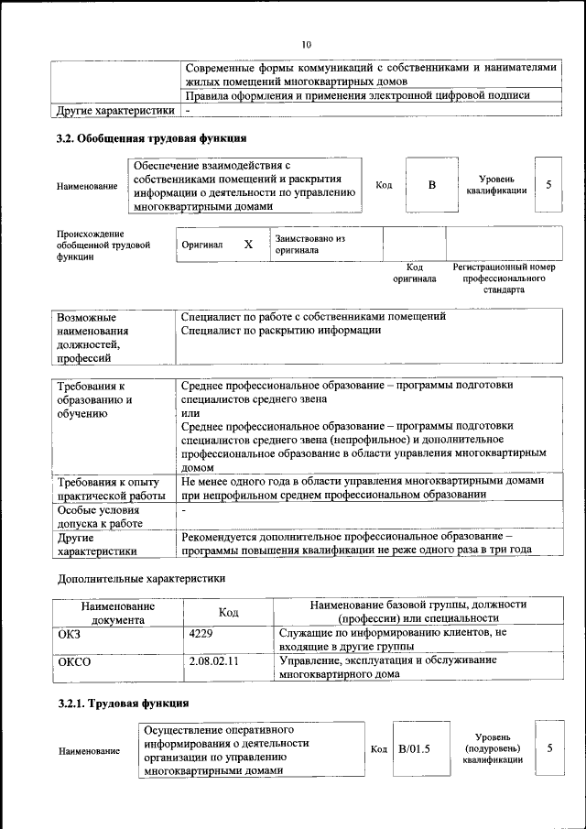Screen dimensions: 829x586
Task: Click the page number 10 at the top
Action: point(307,44)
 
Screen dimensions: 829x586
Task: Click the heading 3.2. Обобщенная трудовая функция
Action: point(151,138)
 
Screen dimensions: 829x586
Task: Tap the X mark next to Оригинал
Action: point(247,245)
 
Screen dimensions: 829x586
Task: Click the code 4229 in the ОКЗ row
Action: point(200,633)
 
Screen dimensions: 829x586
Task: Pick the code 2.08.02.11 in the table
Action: point(213,660)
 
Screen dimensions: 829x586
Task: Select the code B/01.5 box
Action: point(414,749)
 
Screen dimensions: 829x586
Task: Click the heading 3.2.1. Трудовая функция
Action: point(124,704)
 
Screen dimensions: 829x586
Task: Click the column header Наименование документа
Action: point(117,612)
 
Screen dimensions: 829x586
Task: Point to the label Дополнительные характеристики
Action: point(141,579)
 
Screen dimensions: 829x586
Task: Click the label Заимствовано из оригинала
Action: point(309,244)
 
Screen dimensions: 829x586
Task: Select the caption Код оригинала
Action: point(415,273)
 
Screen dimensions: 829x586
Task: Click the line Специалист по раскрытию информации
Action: point(281,330)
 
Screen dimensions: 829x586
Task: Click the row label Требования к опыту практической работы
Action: point(111,487)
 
